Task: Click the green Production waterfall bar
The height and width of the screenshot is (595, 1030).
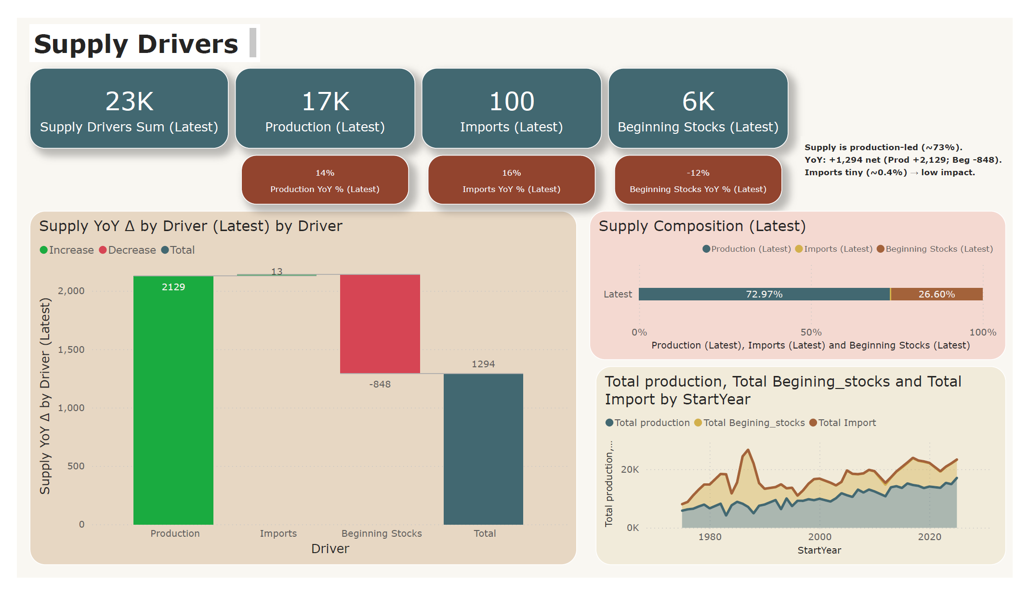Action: (x=173, y=400)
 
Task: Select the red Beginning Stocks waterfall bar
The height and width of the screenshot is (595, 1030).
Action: (x=380, y=324)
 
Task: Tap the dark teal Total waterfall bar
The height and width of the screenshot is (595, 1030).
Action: (x=483, y=449)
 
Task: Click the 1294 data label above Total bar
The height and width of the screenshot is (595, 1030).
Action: (x=483, y=364)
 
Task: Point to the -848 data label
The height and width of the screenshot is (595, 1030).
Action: (x=380, y=384)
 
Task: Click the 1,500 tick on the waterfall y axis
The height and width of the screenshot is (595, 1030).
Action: (x=71, y=349)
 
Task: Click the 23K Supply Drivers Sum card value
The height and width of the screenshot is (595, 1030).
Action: (x=129, y=102)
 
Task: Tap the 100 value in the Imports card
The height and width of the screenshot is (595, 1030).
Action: (x=512, y=102)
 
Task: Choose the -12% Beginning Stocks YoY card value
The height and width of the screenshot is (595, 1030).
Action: (x=698, y=173)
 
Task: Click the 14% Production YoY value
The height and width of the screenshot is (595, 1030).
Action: (x=325, y=173)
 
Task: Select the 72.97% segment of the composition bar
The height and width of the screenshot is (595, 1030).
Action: (x=764, y=294)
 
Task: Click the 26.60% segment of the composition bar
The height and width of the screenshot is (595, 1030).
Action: (x=936, y=294)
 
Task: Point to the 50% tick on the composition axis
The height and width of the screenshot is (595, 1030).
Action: (x=811, y=332)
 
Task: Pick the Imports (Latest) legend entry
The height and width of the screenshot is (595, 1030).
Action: (x=834, y=249)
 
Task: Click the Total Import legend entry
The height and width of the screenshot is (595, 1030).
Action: (x=843, y=423)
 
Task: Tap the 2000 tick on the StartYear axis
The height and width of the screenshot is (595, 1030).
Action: (x=819, y=537)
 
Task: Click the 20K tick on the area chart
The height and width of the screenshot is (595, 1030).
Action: (x=630, y=469)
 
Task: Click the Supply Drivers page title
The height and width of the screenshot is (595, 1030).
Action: (x=136, y=44)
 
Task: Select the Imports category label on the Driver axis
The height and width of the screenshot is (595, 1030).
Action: (x=278, y=533)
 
